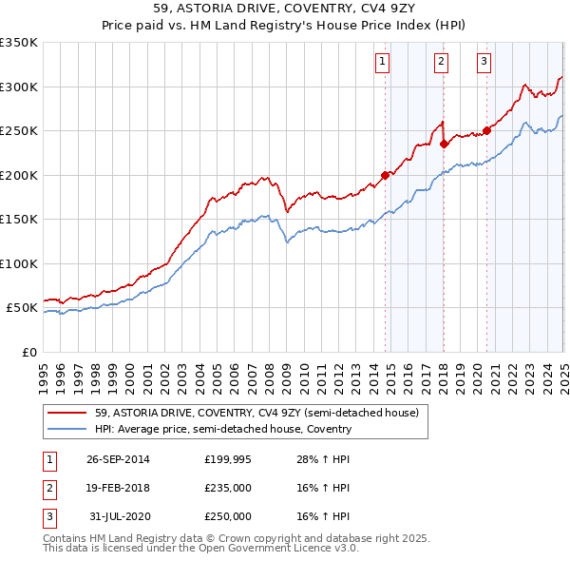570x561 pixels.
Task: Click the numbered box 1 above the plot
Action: pos(382,63)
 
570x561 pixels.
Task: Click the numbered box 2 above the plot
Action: pos(442,63)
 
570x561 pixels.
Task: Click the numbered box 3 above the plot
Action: pos(484,63)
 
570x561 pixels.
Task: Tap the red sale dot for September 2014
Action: pos(386,175)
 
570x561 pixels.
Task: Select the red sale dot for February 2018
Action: pos(444,145)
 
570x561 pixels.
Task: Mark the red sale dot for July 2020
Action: pos(486,131)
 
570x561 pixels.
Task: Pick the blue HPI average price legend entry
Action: pos(223,430)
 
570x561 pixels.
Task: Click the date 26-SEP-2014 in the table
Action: pos(118,459)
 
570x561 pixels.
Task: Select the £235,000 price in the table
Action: pos(228,488)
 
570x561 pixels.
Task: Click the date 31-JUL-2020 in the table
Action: pos(118,516)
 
